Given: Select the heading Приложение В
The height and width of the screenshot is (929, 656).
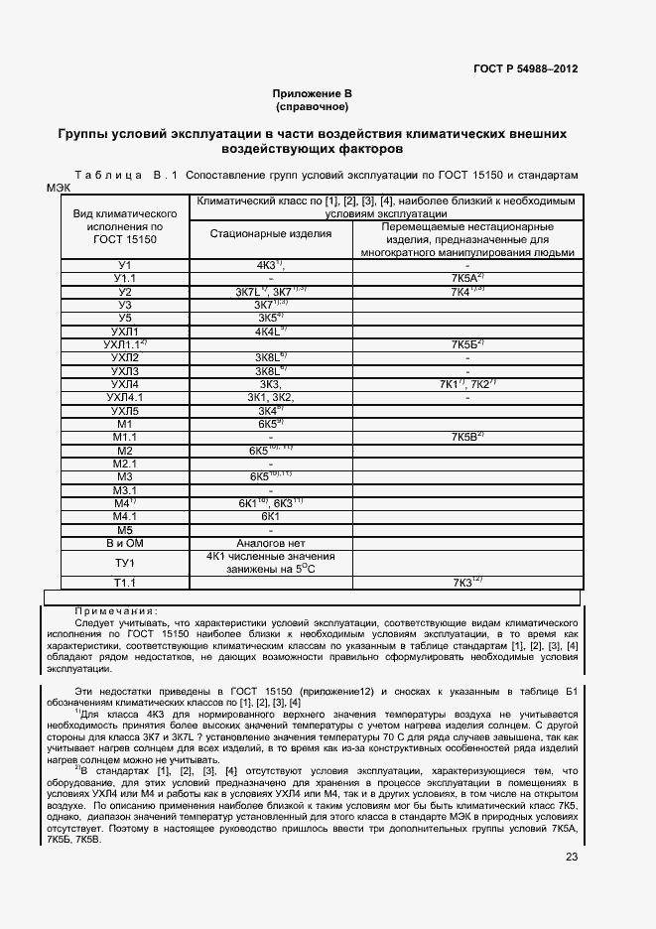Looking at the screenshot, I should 313,92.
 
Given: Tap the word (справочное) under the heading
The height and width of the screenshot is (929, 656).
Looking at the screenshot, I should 313,105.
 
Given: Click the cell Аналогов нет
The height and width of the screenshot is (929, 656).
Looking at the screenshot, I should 271,543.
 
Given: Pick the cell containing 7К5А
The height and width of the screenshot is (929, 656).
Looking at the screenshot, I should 466,279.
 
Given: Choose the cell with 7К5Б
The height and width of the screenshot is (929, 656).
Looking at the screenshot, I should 466,344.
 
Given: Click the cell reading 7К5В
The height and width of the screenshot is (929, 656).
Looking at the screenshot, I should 466,437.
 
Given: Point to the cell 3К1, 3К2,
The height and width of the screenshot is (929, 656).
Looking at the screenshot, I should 271,397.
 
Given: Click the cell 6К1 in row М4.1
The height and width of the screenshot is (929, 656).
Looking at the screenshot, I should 271,516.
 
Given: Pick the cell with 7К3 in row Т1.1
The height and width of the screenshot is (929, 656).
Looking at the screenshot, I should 466,583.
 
